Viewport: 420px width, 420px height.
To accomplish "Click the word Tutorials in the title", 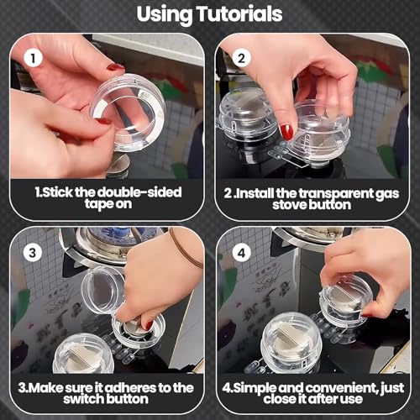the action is point(240,14).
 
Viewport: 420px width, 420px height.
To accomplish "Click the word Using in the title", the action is point(165,15).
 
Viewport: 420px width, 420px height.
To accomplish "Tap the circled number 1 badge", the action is point(33,58).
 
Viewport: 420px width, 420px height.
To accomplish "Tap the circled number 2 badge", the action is point(241,58).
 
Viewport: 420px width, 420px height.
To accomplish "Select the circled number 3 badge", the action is point(33,253).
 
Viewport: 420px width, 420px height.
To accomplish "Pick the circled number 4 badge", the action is point(241,253).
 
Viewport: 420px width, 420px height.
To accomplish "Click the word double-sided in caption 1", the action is point(139,192).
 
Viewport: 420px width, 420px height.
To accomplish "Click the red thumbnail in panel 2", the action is point(287,132).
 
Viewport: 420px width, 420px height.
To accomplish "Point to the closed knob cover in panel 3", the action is point(83,354).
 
